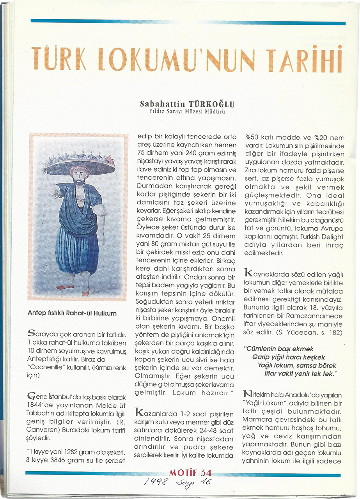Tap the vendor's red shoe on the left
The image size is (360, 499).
click(x=64, y=287)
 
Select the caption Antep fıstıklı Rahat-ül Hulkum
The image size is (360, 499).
click(x=72, y=313)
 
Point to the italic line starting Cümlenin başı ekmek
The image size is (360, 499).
click(x=278, y=349)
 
